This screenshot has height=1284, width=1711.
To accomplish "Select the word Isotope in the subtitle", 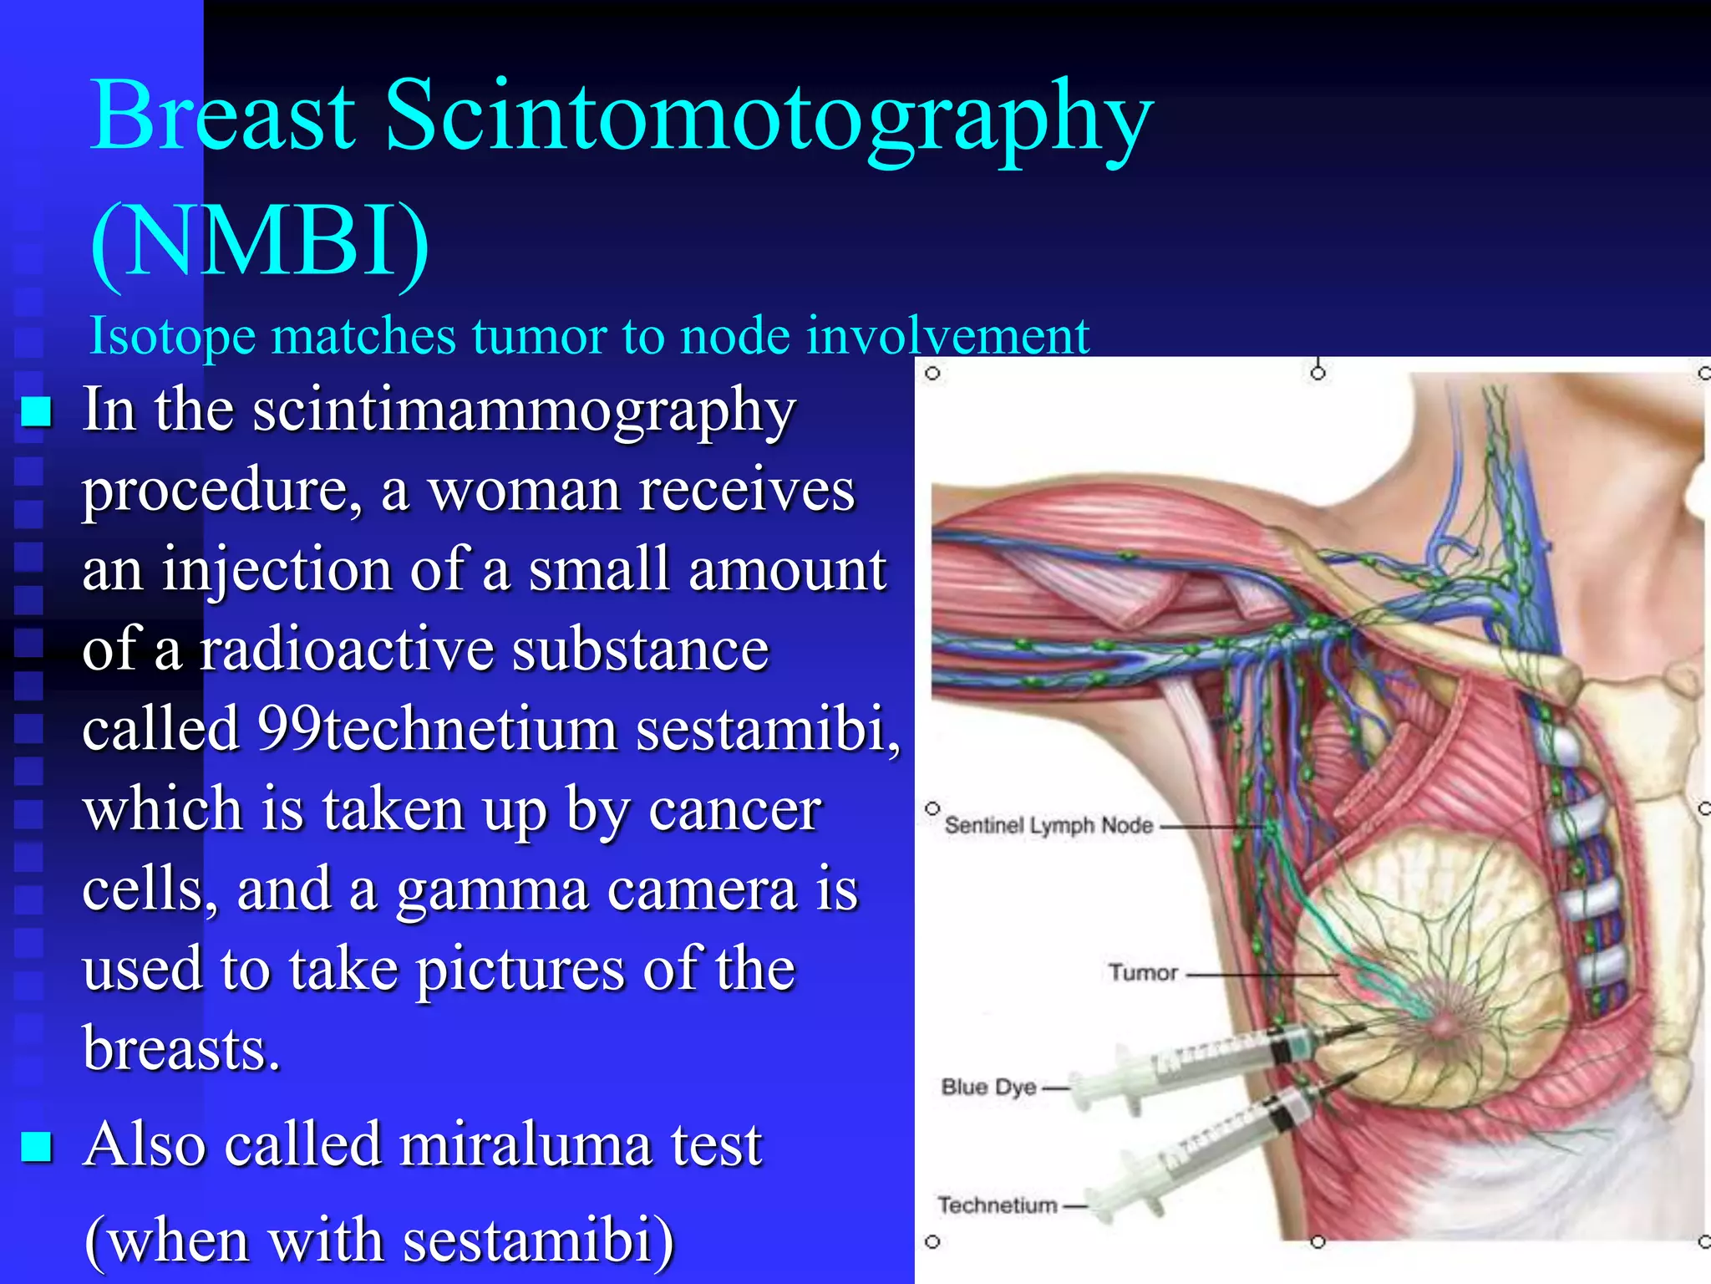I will tap(172, 336).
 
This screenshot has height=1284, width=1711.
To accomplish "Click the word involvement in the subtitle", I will tap(947, 336).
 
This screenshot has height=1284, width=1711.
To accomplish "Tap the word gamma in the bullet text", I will tap(492, 889).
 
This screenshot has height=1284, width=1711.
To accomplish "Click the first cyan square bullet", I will tap(37, 411).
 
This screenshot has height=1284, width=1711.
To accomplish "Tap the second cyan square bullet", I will tap(37, 1146).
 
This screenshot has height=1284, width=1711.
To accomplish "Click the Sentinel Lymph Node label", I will tap(1048, 826).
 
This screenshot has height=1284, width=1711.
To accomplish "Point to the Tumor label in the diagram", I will tap(1143, 972).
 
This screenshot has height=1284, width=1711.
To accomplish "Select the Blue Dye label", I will tap(988, 1087).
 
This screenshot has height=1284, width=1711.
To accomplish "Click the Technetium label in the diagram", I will tap(998, 1205).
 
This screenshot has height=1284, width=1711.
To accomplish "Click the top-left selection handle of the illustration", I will tap(933, 374).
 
